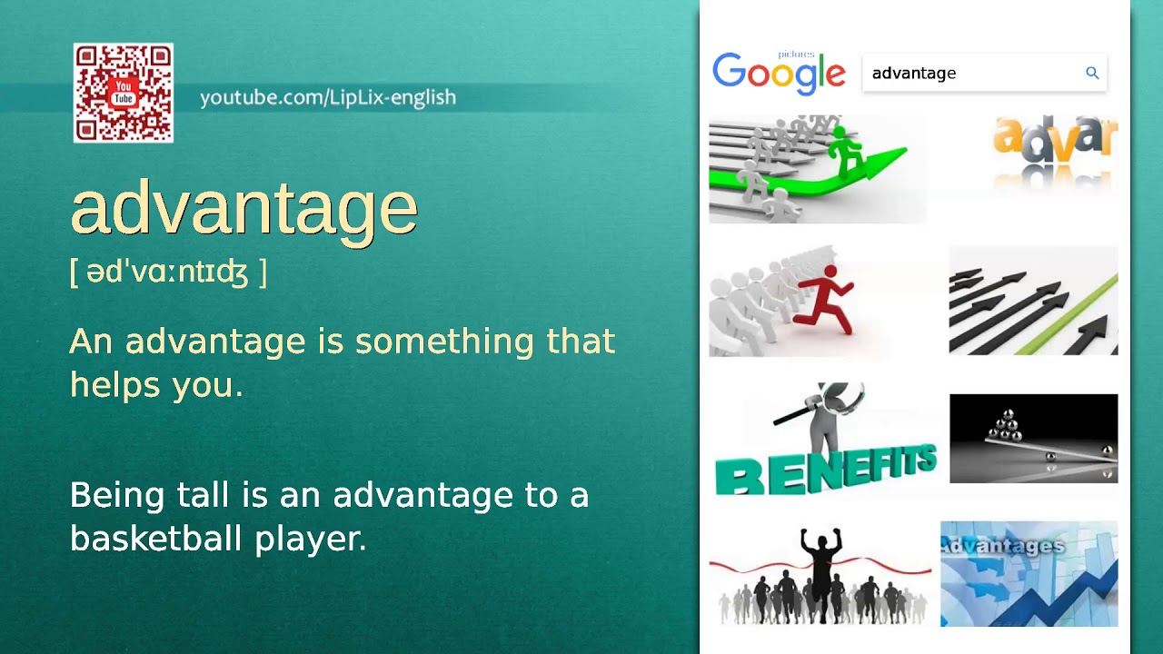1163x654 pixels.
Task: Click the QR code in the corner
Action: tap(124, 93)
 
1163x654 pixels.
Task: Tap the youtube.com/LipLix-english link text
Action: tap(327, 97)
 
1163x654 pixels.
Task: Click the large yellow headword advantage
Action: tap(244, 208)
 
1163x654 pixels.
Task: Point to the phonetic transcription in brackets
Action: tap(168, 272)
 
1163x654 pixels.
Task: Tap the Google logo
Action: tap(779, 74)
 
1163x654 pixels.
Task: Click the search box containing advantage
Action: tap(972, 74)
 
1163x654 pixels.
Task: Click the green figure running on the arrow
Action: tap(847, 151)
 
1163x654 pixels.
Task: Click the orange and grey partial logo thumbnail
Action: tap(1054, 145)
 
